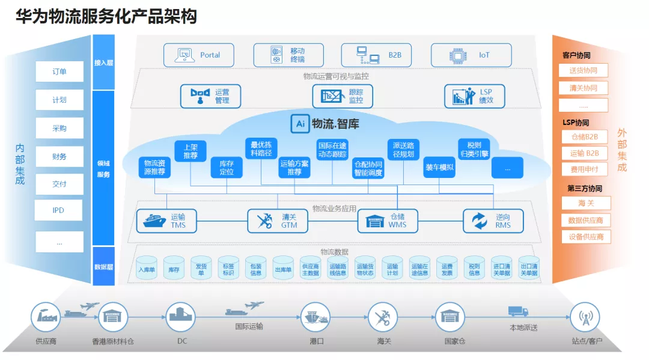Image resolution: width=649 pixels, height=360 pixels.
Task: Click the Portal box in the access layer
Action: coord(200,55)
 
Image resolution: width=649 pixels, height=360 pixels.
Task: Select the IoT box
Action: coord(471,55)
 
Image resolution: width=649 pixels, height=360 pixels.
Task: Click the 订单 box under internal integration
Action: coord(59,72)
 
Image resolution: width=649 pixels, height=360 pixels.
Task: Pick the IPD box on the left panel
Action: coord(59,210)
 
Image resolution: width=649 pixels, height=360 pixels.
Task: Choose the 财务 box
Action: coord(59,157)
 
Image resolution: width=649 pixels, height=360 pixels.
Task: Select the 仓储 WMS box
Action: coord(388,221)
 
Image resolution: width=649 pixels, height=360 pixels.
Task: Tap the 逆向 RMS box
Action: coord(493,221)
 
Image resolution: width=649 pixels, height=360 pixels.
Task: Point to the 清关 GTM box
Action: coord(277,221)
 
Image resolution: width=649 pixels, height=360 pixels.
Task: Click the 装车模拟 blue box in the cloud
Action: coord(439,167)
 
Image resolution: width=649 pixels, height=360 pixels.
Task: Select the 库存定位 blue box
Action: coord(226,167)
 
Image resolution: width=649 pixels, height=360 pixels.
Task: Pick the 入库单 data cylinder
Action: coord(147,269)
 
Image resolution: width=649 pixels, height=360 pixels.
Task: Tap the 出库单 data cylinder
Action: coord(283,269)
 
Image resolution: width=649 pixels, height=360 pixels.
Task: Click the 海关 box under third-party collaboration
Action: coord(585,203)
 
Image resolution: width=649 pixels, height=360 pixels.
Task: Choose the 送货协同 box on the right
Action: coord(583,70)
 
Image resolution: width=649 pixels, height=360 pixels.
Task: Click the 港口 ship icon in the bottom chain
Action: coord(315,317)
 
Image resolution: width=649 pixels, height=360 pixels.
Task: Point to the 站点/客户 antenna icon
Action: coord(586,317)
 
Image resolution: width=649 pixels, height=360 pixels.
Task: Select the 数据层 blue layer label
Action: coord(103,266)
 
